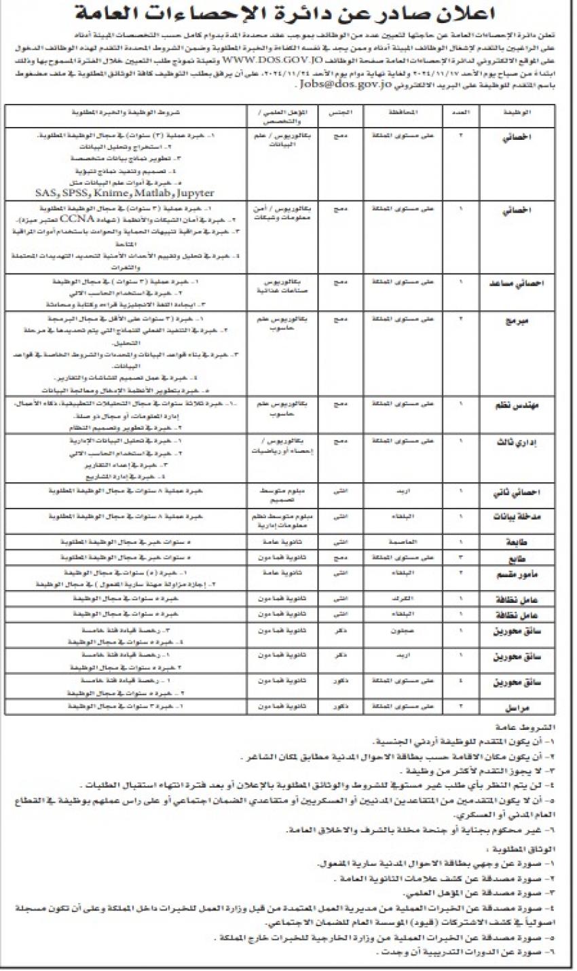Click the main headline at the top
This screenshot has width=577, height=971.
pos(288,14)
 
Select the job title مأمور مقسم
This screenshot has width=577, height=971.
pos(522,574)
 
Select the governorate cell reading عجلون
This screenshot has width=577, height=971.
pos(403,630)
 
